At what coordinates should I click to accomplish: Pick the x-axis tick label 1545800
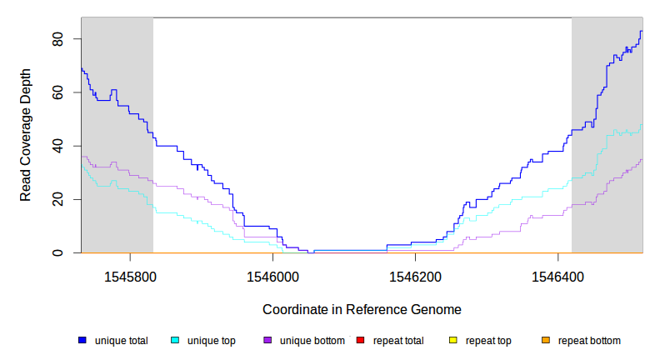[129, 276]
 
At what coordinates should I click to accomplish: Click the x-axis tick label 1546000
[272, 276]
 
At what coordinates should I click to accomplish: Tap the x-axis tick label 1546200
[414, 276]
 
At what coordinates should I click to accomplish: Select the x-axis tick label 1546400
[557, 276]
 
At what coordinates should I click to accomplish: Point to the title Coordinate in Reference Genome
[362, 309]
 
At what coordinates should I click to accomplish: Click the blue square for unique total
[82, 340]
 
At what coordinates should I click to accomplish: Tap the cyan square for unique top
[175, 340]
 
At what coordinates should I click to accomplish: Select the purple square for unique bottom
[267, 340]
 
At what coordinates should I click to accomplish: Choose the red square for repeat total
[360, 340]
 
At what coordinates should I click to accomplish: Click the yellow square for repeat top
[452, 340]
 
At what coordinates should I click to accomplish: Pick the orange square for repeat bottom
[546, 340]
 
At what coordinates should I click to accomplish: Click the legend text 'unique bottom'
[312, 341]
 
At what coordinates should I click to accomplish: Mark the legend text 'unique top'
[212, 341]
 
